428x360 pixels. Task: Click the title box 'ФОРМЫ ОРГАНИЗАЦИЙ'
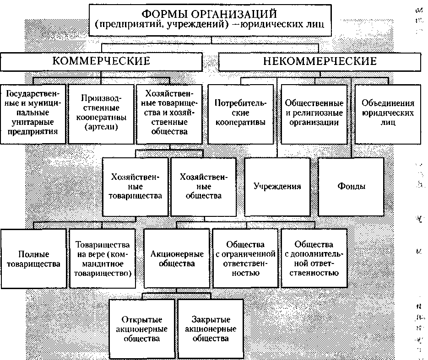210,21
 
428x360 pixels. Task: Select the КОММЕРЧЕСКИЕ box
101,62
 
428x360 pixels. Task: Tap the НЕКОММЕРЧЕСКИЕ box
320,62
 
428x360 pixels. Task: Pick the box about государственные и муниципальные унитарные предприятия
33,114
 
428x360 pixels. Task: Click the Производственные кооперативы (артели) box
101,114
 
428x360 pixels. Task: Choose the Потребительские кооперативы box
240,114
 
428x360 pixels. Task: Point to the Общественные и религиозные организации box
314,114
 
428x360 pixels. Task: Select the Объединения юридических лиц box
388,114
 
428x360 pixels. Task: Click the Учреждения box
277,187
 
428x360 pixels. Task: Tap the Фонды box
351,187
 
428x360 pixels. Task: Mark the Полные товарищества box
33,258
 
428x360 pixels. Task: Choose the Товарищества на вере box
103,258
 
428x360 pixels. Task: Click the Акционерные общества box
177,258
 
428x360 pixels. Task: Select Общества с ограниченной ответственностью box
245,258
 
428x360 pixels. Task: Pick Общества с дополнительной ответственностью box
314,258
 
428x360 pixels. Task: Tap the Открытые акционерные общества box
142,329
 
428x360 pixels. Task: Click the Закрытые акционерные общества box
211,329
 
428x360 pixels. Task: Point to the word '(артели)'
101,127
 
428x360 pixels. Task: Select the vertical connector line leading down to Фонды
351,118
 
